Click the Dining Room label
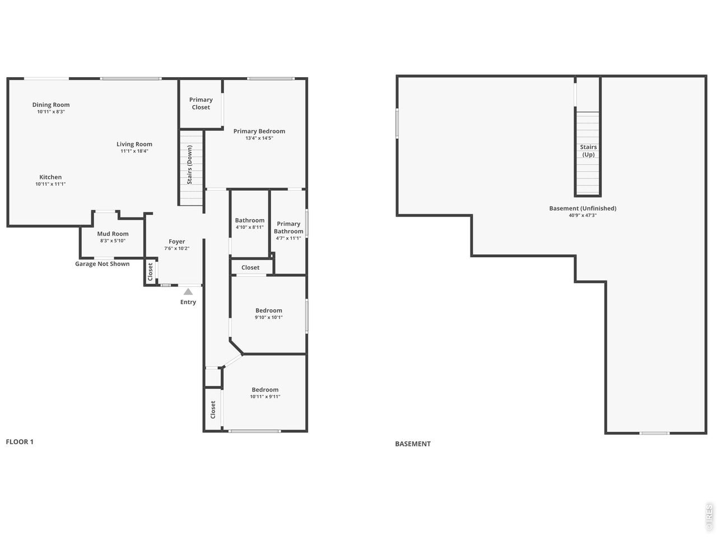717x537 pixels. point(51,105)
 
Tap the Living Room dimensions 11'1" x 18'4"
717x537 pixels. point(134,151)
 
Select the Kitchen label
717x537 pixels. point(50,177)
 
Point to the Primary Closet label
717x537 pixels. point(201,103)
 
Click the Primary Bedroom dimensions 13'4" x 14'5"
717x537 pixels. point(259,138)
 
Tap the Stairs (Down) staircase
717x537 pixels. point(192,168)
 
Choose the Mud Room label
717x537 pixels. point(113,234)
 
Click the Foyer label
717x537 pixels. point(176,242)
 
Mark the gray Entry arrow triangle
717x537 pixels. point(188,291)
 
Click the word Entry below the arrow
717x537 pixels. point(188,302)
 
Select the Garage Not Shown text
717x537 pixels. point(103,264)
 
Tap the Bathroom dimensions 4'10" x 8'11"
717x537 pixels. point(250,227)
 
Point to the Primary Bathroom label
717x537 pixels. point(288,228)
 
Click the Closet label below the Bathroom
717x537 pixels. point(250,267)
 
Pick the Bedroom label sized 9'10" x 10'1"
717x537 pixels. point(269,310)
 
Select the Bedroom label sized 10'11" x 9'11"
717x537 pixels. point(265,390)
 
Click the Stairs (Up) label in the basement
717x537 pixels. point(588,150)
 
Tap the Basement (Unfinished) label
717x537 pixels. point(583,208)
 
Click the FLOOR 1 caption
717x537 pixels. point(20,442)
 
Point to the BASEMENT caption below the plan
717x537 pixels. point(413,444)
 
